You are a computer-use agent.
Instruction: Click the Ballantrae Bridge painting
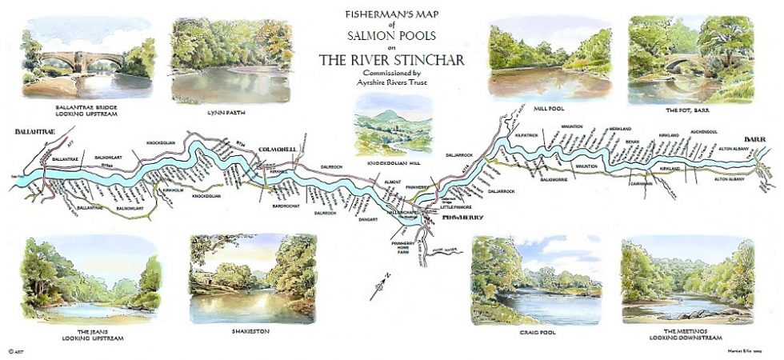[89, 62]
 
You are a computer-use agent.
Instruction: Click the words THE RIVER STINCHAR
[392, 60]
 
